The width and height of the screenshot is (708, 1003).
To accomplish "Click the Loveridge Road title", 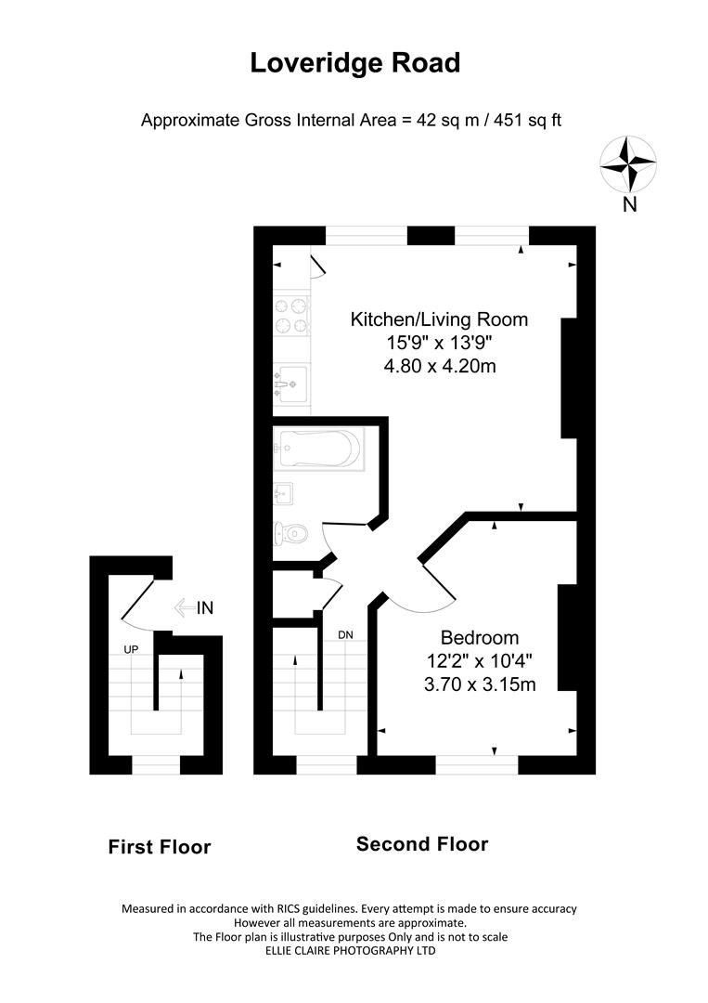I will point(354,63).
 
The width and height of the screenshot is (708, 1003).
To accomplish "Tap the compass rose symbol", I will point(628,163).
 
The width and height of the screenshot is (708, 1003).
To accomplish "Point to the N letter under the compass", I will point(629,205).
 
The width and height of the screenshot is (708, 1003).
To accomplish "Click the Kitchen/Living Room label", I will point(438,319).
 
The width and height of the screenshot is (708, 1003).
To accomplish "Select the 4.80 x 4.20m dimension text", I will point(439,366).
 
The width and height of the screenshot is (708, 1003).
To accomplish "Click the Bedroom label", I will point(479,638).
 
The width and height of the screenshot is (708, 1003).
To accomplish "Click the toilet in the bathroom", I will point(291,533).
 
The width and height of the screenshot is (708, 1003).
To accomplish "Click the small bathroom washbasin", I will point(284,492).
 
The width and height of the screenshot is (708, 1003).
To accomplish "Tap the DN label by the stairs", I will point(345,635).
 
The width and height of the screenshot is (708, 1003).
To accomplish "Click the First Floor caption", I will point(160,847).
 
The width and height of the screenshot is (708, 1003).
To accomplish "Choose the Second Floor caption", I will point(422,844).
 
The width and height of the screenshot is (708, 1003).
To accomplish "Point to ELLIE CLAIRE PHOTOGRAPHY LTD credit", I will point(350,950).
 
